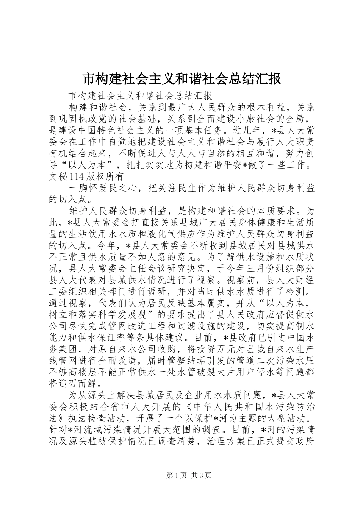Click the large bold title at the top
[182, 79]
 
